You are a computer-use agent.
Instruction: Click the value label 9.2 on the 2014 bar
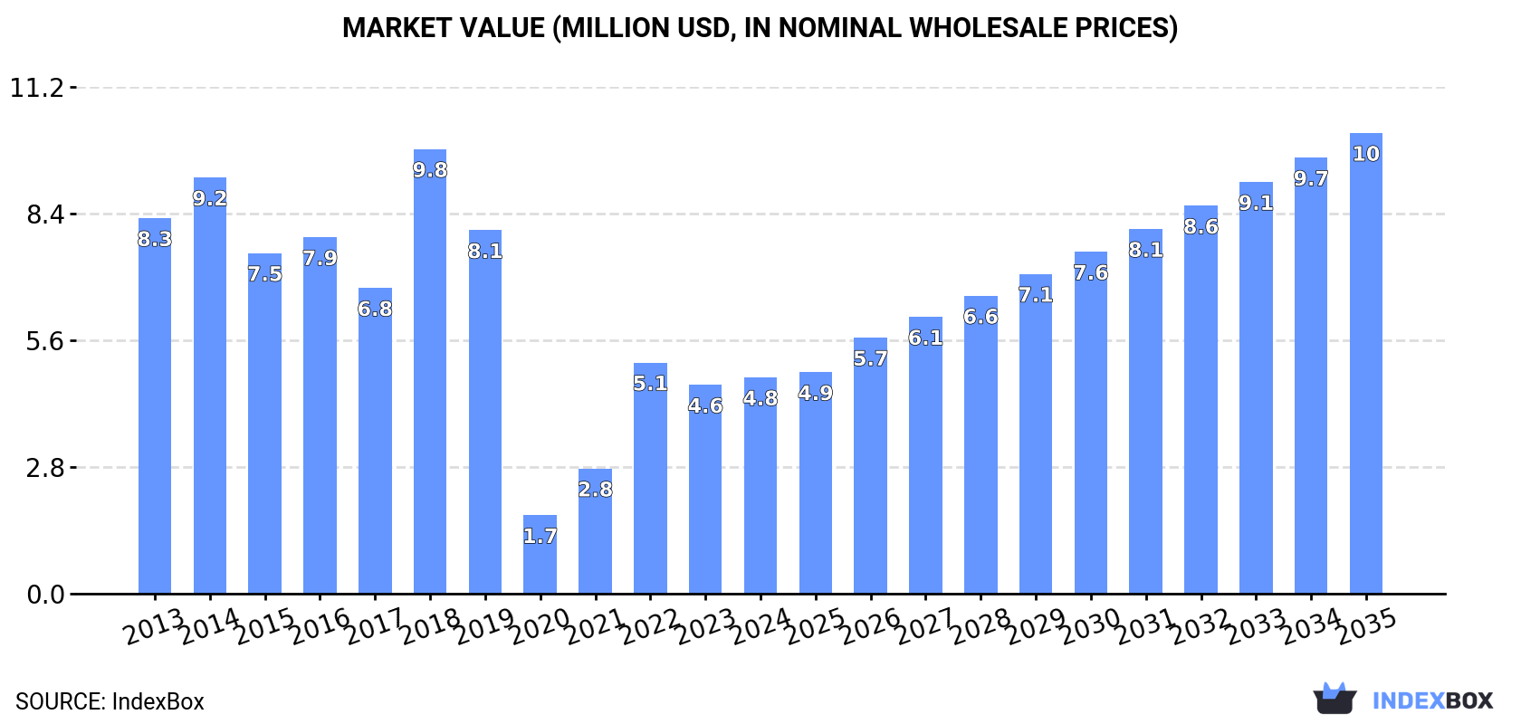click(x=210, y=198)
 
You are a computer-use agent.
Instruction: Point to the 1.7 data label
click(x=540, y=536)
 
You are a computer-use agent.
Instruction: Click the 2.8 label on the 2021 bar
click(x=595, y=490)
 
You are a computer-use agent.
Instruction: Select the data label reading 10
click(x=1365, y=154)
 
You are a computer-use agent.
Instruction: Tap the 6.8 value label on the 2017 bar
click(x=375, y=309)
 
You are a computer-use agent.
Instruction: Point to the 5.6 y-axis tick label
click(x=44, y=341)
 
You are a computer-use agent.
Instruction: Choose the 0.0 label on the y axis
click(x=44, y=595)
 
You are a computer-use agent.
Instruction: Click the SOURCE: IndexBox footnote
click(x=110, y=701)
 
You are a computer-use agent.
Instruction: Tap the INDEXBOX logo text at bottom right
click(x=1432, y=700)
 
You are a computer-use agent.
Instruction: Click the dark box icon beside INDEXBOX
click(x=1334, y=699)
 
